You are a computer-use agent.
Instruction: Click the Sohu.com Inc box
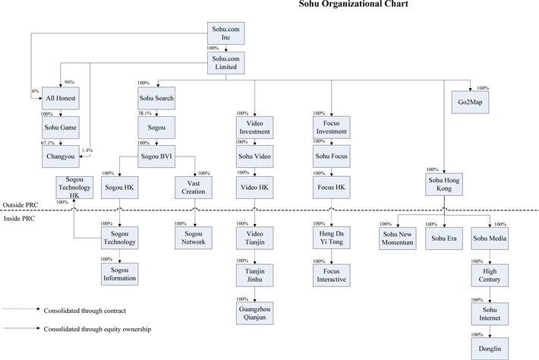225,33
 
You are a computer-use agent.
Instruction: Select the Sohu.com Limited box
225,63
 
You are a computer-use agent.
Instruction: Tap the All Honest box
61,98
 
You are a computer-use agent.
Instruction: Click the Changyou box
61,156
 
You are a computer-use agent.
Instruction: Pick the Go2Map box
470,102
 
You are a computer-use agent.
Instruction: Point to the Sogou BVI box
156,156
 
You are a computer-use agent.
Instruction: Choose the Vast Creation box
194,188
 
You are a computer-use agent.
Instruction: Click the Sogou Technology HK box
74,188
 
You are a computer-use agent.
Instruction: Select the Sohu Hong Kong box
444,185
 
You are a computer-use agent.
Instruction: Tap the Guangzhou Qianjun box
255,313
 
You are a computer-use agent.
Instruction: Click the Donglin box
490,349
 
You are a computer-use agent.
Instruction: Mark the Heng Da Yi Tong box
332,238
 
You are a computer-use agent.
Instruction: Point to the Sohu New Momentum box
398,238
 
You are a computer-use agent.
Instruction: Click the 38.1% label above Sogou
145,113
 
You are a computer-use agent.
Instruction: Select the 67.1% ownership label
48,143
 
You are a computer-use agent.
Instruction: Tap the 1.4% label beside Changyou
87,150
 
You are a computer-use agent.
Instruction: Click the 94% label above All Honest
69,82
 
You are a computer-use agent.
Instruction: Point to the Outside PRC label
20,205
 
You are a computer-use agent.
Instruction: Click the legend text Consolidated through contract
85,311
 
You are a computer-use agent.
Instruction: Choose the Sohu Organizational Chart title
353,4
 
